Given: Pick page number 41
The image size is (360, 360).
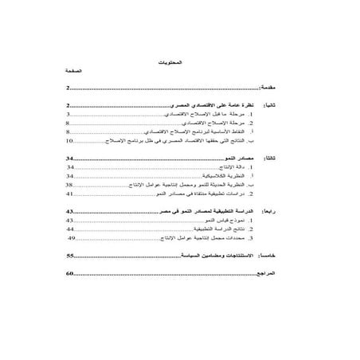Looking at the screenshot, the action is click(70, 193).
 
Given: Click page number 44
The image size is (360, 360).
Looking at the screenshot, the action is click(70, 227).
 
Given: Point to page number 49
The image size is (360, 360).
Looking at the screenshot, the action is click(72, 237).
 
